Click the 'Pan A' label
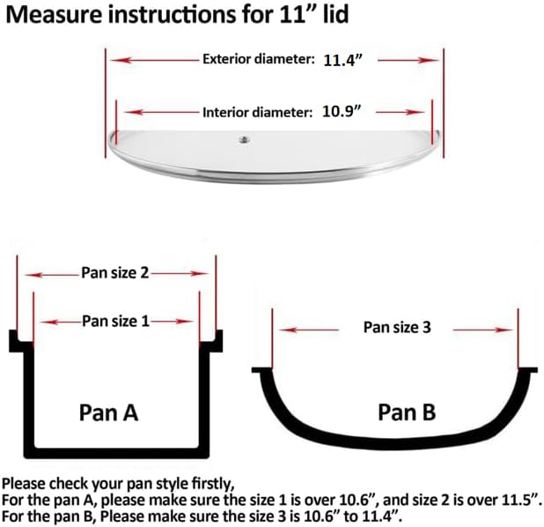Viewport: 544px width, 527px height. tap(108, 412)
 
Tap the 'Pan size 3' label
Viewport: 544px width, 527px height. tap(397, 327)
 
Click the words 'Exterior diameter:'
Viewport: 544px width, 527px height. tap(258, 60)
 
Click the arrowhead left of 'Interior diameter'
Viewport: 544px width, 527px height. tap(129, 112)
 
